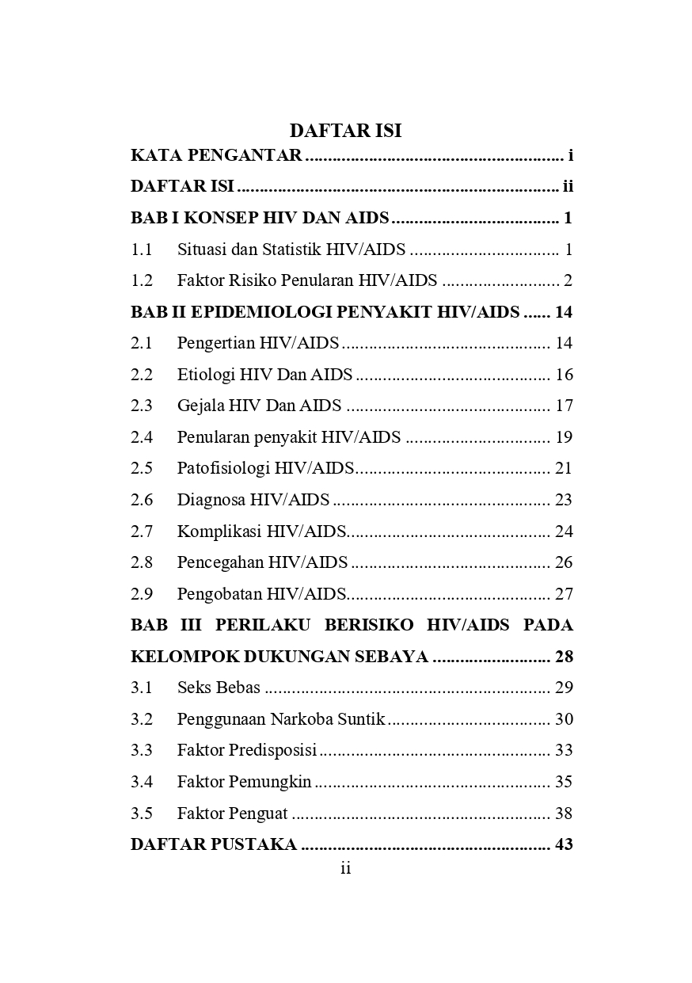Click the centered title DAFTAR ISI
pos(345,131)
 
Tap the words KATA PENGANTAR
pos(216,155)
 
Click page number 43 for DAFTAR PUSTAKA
pos(564,844)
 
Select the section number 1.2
pos(142,280)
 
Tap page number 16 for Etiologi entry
pos(564,375)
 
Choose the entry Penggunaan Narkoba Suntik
pos(281,719)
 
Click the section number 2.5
pos(142,468)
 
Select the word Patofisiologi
pos(223,468)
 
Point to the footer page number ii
pos(345,869)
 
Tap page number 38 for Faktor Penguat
pos(564,813)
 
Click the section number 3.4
pos(142,782)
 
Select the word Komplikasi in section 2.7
pos(219,531)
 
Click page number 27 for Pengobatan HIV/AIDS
pos(564,594)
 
